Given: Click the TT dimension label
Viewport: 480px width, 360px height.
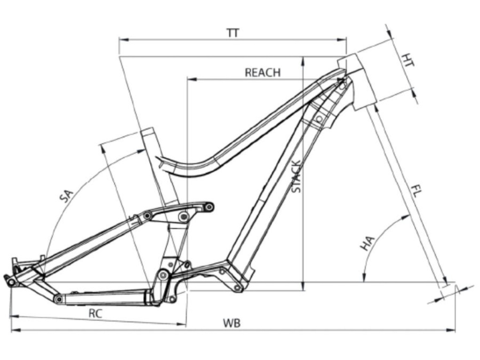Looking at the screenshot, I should click(233, 33).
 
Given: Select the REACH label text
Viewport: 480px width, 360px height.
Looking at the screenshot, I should click(262, 73).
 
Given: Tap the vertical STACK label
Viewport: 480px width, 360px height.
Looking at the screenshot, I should click(296, 177).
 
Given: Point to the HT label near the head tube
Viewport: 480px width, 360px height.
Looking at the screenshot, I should click(408, 60).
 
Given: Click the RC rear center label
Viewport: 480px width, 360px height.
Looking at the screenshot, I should click(96, 314).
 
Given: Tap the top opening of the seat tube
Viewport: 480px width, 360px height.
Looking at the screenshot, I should click(147, 132).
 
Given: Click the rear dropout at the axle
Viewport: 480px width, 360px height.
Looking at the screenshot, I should click(10, 281).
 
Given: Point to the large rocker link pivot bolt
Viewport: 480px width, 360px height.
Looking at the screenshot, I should click(184, 216).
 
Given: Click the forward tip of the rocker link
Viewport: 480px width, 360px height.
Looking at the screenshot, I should click(210, 206).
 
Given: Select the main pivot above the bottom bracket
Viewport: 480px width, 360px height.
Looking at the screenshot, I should click(163, 276).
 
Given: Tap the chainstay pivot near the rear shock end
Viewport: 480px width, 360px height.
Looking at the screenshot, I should click(58, 299).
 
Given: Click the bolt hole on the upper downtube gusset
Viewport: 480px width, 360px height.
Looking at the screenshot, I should click(320, 118).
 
